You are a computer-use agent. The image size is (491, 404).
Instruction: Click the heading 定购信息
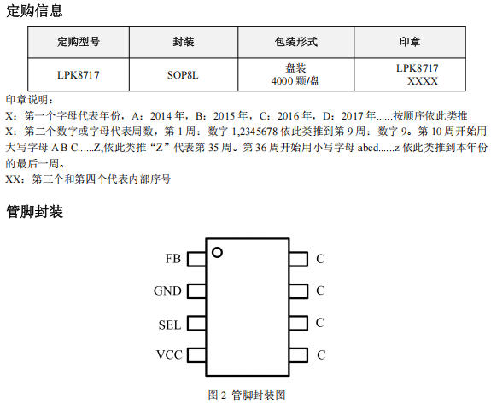(34, 10)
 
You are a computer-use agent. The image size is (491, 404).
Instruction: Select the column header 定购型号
(79, 42)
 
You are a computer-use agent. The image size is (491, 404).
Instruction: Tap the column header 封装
(184, 42)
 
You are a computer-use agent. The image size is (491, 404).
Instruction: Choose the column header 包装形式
(296, 42)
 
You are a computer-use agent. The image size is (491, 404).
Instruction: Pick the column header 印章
(410, 42)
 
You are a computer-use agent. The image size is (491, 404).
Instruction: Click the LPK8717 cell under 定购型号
(79, 75)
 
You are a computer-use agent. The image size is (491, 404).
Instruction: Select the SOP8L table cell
(183, 75)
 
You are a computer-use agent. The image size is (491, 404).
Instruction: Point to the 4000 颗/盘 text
(295, 81)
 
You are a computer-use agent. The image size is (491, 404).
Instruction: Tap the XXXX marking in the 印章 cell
(422, 81)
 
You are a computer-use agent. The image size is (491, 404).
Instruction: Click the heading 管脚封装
(34, 211)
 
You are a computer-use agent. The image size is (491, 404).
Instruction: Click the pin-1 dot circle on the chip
(217, 252)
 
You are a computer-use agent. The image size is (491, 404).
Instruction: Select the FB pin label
(172, 259)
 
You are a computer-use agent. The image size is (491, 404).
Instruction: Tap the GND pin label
(167, 291)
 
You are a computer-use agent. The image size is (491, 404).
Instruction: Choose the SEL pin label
(170, 325)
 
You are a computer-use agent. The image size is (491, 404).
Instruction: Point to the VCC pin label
(169, 354)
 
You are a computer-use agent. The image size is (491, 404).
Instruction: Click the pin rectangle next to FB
(196, 259)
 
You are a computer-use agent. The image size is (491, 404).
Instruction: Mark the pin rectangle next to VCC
(196, 355)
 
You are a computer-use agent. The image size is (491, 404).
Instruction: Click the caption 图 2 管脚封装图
(247, 395)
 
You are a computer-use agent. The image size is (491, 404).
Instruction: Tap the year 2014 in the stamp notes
(161, 116)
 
